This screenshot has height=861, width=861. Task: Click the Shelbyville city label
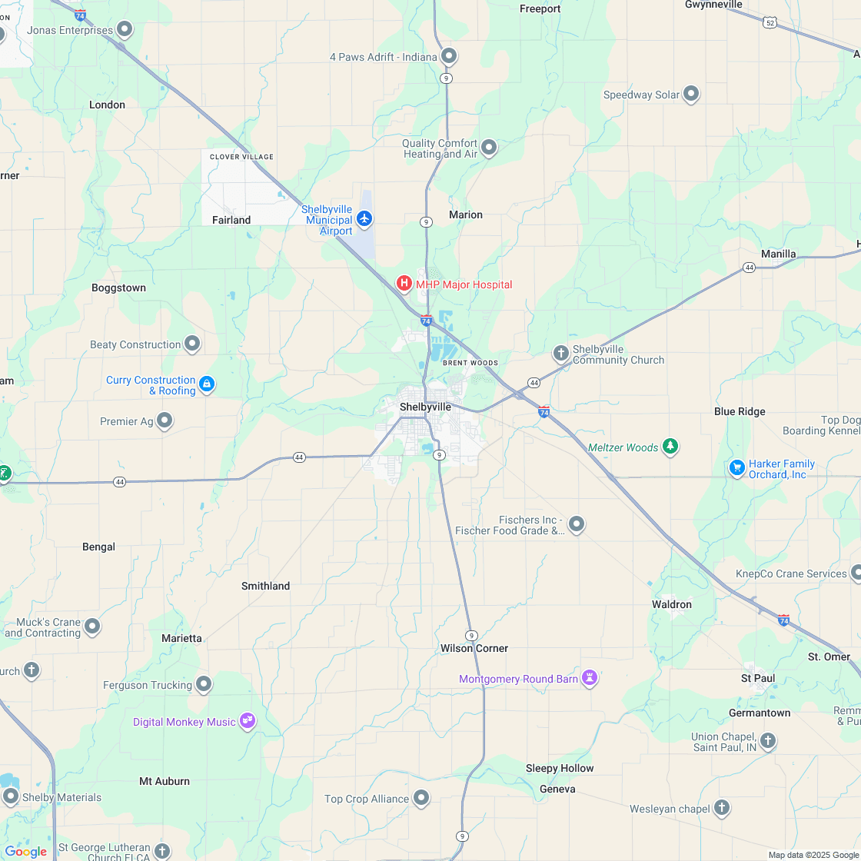425,407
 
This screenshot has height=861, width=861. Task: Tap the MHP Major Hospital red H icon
404,284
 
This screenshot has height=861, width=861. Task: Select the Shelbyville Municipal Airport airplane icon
364,219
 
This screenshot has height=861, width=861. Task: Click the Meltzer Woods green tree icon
670,446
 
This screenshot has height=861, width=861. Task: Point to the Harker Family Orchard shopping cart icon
736,467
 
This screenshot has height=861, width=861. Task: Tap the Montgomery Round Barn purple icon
590,677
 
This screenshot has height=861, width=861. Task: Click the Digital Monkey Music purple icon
247,721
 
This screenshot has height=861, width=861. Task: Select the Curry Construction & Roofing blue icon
206,384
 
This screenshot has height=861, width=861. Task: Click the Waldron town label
672,604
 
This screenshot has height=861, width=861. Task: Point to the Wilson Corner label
474,648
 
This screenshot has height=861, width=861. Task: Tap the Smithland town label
265,586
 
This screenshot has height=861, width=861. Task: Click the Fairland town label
231,220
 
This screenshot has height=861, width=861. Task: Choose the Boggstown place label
118,288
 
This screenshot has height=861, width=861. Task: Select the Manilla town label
778,254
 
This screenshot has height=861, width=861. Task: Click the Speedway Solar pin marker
691,94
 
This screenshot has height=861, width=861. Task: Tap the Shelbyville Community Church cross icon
561,353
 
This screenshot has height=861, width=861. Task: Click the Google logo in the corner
26,851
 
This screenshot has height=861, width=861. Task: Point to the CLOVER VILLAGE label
241,157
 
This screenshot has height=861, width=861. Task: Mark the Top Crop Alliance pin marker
421,798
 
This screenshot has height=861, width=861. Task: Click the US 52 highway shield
770,23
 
